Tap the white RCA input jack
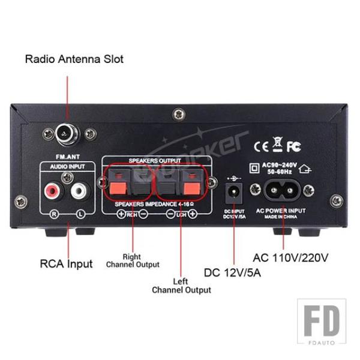point(79,192)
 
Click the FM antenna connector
point(64,133)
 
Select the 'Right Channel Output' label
point(133,260)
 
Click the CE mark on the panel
point(262,146)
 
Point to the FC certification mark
point(293,146)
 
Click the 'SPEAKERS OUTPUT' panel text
point(155,161)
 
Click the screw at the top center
point(178,113)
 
